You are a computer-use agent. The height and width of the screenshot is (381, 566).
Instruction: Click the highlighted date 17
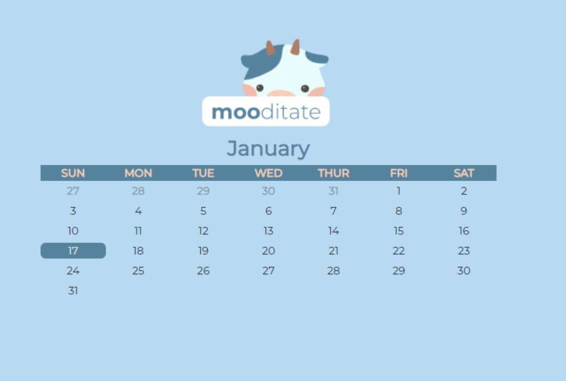click(x=73, y=250)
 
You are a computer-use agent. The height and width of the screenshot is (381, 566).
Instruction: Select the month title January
click(x=268, y=149)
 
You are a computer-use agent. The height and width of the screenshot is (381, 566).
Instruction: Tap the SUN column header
click(x=73, y=173)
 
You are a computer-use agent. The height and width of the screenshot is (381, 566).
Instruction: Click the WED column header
click(x=268, y=173)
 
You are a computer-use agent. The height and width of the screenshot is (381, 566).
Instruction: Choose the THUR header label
click(x=334, y=173)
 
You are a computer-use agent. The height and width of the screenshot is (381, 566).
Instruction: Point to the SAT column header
click(x=463, y=173)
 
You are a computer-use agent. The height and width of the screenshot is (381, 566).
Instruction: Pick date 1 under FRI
click(x=399, y=191)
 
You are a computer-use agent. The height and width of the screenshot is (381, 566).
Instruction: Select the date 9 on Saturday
click(x=463, y=210)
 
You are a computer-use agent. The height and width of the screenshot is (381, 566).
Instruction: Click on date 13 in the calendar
click(x=268, y=231)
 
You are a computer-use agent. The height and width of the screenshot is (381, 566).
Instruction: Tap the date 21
click(x=334, y=250)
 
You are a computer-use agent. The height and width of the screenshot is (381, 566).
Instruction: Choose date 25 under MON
click(x=138, y=271)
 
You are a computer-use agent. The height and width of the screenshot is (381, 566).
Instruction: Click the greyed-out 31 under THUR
click(x=334, y=191)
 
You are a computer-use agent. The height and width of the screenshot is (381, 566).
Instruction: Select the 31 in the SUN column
click(x=73, y=290)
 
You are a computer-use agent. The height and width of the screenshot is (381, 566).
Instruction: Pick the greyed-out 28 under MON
click(x=138, y=191)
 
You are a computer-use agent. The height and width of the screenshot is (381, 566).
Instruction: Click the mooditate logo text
click(x=265, y=112)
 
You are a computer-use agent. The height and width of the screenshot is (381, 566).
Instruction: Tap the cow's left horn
click(x=270, y=48)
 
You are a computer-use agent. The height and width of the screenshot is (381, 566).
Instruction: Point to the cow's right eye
click(x=305, y=88)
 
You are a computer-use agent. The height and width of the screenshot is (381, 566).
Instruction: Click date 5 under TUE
click(x=203, y=210)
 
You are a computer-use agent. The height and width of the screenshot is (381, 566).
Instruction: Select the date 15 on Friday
click(x=399, y=231)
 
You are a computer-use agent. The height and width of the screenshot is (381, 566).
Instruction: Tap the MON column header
click(x=138, y=173)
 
